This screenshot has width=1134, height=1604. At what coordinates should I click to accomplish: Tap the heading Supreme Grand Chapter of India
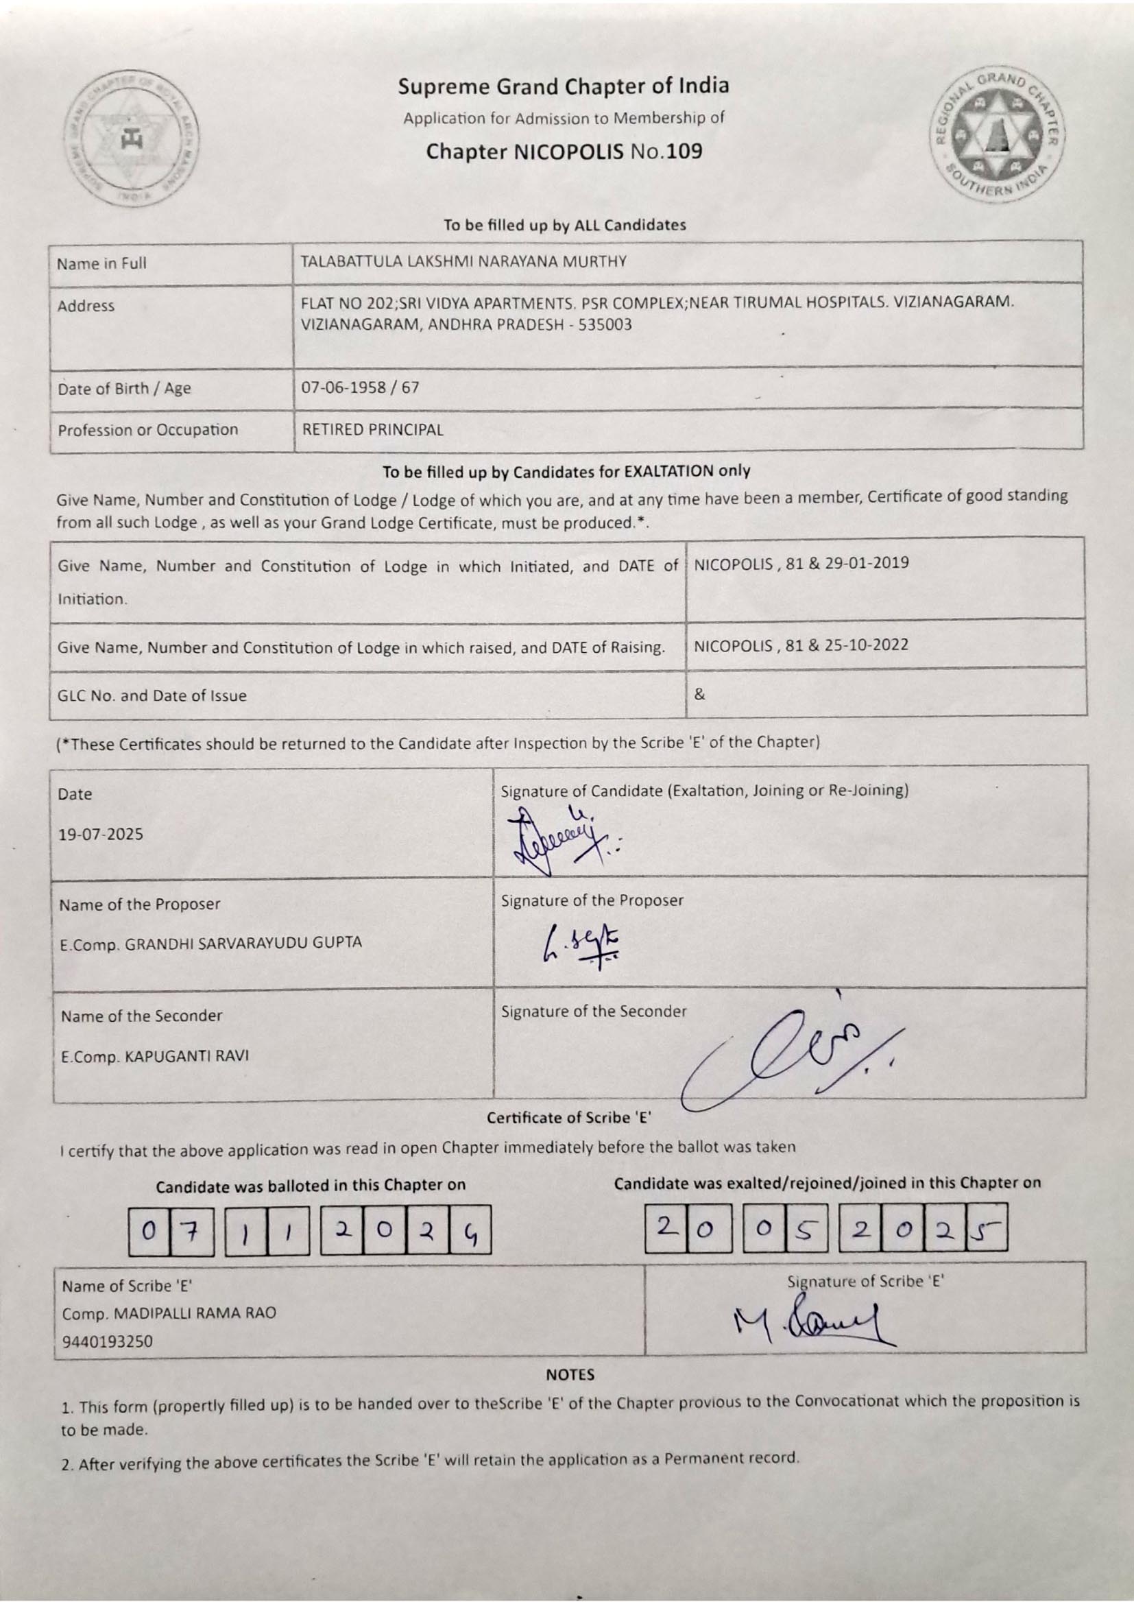click(564, 86)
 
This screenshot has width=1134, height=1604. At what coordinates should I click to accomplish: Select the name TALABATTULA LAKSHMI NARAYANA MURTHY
click(463, 263)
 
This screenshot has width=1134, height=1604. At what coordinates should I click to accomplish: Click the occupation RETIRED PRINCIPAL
click(372, 430)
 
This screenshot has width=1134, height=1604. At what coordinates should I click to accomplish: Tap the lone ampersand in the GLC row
click(700, 695)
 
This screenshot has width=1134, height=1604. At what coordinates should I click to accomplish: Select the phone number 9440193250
click(108, 1341)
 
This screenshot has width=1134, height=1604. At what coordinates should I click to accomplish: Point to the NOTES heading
click(570, 1375)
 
